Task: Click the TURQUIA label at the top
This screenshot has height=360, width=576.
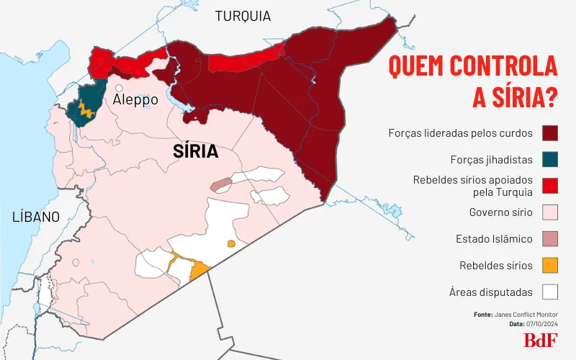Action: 243,16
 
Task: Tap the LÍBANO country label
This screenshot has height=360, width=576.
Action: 35,217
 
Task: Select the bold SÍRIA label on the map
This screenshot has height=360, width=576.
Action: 196,151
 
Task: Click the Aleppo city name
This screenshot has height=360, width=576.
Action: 135,101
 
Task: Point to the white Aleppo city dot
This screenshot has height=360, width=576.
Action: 118,88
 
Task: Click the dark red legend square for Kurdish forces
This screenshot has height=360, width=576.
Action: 551,133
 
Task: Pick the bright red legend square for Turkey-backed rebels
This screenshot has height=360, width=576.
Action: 551,186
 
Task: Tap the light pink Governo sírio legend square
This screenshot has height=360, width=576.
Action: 551,212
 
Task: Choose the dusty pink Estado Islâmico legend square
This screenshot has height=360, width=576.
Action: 551,239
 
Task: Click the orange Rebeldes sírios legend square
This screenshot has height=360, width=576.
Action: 551,266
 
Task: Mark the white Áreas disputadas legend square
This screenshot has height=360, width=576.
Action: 551,292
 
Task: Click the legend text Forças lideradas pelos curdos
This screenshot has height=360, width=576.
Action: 460,133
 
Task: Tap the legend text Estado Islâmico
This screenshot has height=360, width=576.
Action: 494,239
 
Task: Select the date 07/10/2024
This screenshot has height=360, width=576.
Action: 543,324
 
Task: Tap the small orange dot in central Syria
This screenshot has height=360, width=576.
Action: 231,243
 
